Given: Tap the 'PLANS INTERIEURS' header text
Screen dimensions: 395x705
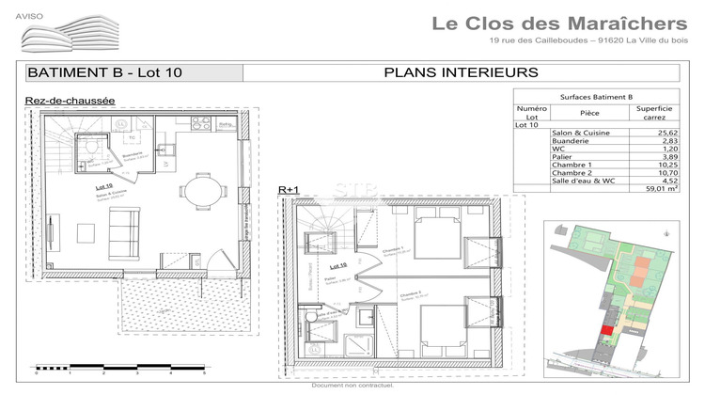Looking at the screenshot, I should point(461,72).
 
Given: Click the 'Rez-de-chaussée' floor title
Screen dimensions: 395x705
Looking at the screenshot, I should point(70,100).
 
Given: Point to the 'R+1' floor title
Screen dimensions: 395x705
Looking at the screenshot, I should point(288,190).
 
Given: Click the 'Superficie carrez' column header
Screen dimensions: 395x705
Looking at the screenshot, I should point(652,114).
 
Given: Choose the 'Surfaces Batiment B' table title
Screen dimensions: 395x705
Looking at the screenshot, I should point(596,96).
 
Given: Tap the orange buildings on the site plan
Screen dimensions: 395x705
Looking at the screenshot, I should point(642,273).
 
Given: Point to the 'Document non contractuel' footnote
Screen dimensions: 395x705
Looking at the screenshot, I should point(352,386).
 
